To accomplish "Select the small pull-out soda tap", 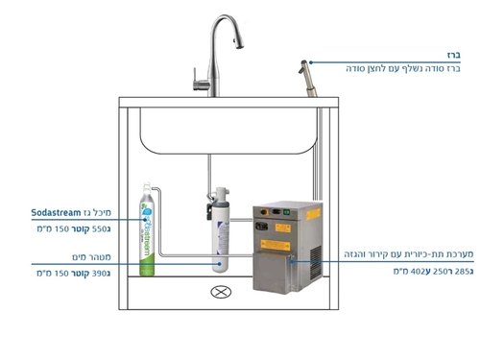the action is (308, 78).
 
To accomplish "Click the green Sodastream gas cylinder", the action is (147, 229).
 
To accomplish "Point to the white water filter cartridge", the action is (221, 229).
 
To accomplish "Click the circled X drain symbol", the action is (221, 292).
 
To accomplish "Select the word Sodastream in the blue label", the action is (56, 212).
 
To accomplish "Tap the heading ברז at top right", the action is (454, 55).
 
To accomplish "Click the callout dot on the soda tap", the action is (311, 62).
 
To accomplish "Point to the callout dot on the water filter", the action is (220, 264).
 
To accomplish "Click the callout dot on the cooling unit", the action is (292, 261).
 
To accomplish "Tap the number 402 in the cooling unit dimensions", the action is (417, 272).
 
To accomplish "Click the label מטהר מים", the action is (91, 257).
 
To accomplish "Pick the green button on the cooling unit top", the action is (287, 211).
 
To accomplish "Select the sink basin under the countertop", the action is (228, 131).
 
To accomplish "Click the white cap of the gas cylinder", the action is (147, 188).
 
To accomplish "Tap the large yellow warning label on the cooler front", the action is (276, 245).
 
